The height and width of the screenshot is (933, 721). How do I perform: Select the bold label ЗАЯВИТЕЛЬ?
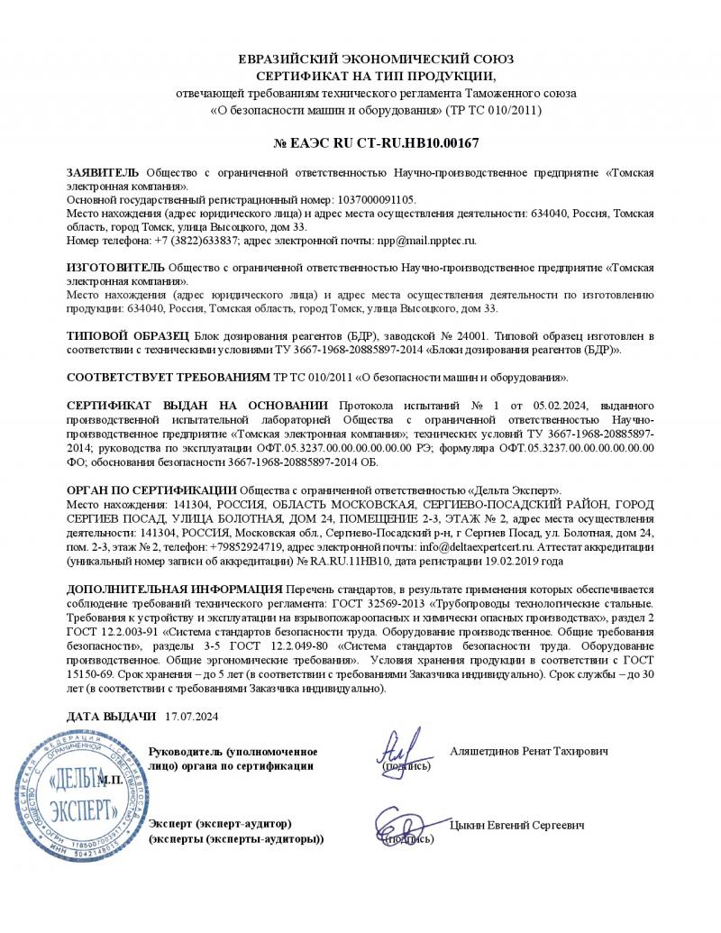point(103,172)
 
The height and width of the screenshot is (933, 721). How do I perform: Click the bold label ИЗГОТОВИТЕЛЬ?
point(114,268)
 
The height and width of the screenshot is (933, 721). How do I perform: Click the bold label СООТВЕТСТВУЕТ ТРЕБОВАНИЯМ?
point(156,377)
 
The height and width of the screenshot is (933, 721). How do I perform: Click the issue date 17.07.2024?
point(192,717)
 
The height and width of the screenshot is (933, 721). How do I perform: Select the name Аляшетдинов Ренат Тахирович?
point(528,751)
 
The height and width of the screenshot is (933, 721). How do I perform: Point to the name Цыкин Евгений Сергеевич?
point(516,825)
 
